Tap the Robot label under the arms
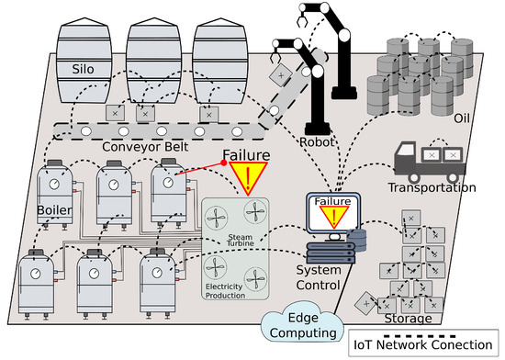coord(318,143)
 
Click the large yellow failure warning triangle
coord(248,175)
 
